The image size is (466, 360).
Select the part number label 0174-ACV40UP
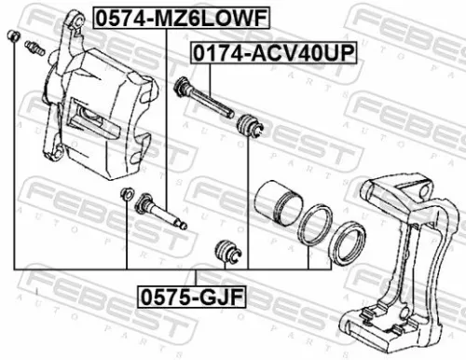click(x=273, y=52)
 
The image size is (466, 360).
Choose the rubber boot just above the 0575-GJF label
click(x=226, y=250)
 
